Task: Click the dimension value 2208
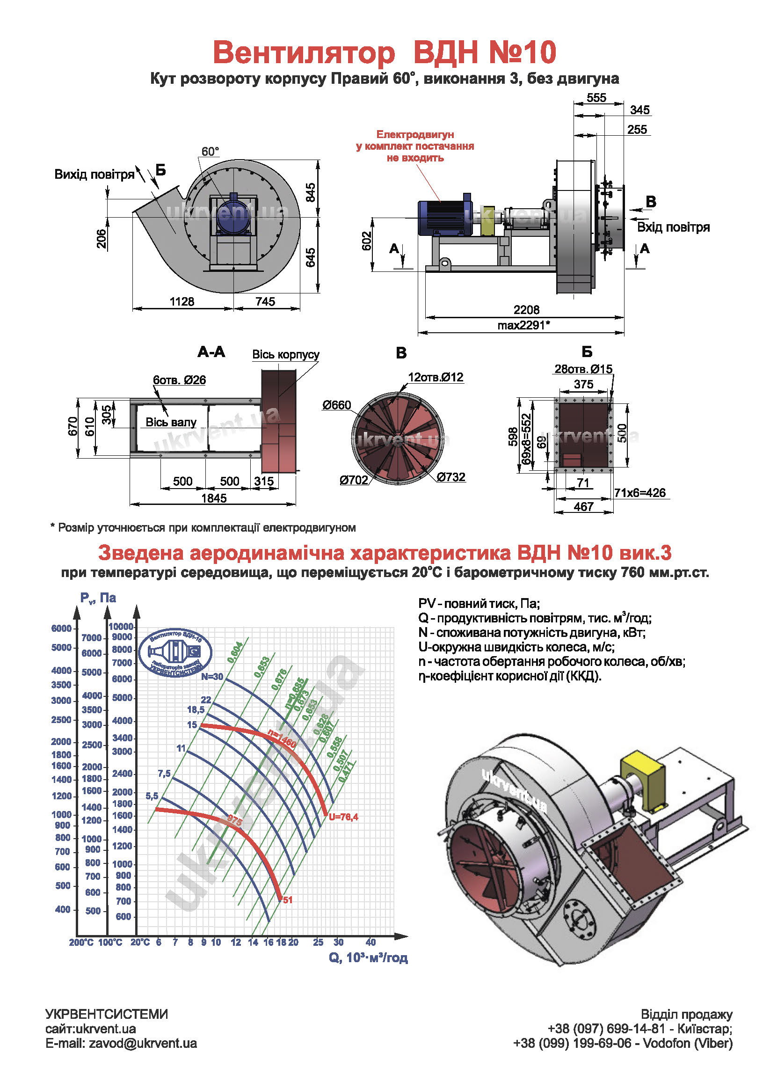click(526, 310)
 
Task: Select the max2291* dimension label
click(523, 325)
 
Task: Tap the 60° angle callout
click(210, 152)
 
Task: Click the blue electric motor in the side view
click(444, 217)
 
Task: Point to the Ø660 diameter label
click(337, 405)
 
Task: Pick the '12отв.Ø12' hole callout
click(435, 378)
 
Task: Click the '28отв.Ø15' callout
click(583, 369)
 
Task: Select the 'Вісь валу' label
click(171, 422)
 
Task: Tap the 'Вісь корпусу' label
click(285, 354)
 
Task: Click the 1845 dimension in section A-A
click(214, 498)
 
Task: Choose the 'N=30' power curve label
click(212, 676)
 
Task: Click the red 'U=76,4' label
click(343, 817)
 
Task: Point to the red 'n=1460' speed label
click(282, 738)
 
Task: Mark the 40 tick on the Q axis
click(371, 943)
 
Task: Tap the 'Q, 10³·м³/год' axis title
click(368, 957)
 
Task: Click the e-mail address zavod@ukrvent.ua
click(121, 1044)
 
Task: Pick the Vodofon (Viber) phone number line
click(623, 1044)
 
